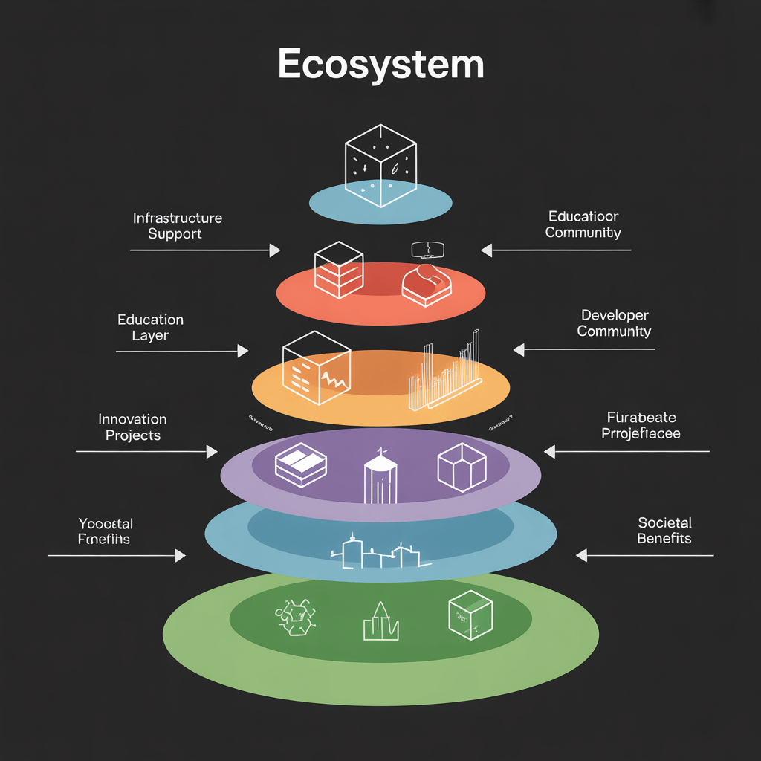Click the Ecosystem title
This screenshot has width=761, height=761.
coord(380,65)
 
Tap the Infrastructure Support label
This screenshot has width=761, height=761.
coord(177,226)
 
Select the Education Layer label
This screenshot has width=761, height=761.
coord(150,327)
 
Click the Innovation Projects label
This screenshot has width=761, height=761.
coord(132,427)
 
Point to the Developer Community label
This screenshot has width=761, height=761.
coord(614,323)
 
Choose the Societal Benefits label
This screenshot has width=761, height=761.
coord(664,530)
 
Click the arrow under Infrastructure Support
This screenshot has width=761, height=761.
coord(204,250)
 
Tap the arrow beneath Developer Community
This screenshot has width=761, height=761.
coord(584,349)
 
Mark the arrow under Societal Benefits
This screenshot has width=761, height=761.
coord(644,555)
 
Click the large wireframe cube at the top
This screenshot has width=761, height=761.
coord(380,164)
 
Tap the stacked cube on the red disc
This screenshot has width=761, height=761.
coord(338,270)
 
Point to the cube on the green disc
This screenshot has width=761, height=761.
coord(470,615)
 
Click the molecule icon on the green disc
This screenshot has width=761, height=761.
coord(295,617)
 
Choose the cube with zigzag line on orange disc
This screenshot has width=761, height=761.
coord(316,368)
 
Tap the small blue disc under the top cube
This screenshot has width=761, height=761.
coord(380,202)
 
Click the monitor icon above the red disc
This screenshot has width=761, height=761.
coord(427,249)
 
